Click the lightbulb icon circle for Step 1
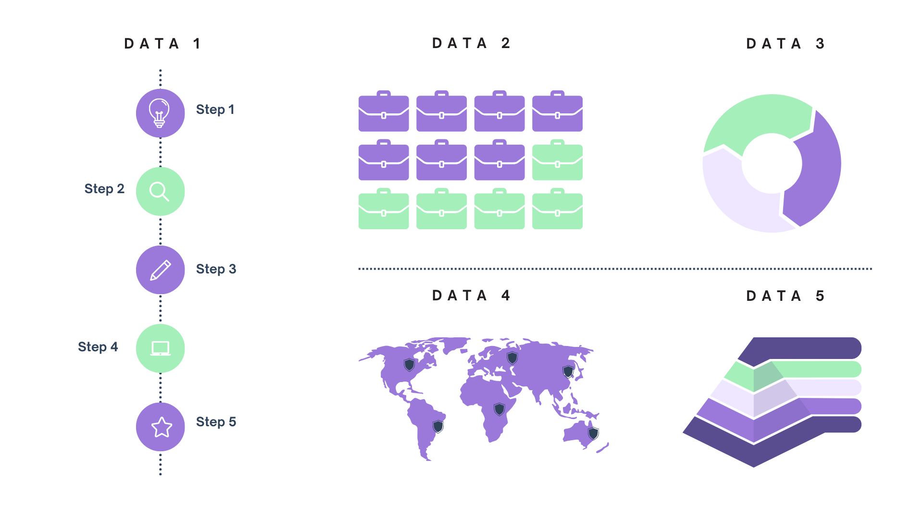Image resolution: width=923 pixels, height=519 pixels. [160, 113]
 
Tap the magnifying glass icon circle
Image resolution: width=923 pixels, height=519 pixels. [160, 191]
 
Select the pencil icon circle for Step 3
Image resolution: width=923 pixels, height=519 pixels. [160, 270]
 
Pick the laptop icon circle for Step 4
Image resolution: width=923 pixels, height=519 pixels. [160, 348]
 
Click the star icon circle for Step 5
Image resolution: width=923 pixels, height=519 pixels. [160, 427]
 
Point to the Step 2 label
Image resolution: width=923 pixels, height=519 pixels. [104, 188]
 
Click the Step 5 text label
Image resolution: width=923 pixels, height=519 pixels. [216, 421]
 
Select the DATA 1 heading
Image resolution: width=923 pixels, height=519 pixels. [162, 44]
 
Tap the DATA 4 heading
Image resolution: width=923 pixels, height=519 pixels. [471, 295]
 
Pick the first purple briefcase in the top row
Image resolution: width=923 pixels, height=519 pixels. [384, 112]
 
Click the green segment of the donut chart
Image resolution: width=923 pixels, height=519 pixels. [755, 120]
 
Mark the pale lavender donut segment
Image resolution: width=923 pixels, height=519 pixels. [736, 197]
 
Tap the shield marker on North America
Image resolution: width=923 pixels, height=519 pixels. [409, 365]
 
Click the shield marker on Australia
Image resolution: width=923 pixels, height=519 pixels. [594, 433]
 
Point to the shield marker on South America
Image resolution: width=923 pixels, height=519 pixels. [438, 426]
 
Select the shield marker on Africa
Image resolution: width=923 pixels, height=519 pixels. [499, 409]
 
